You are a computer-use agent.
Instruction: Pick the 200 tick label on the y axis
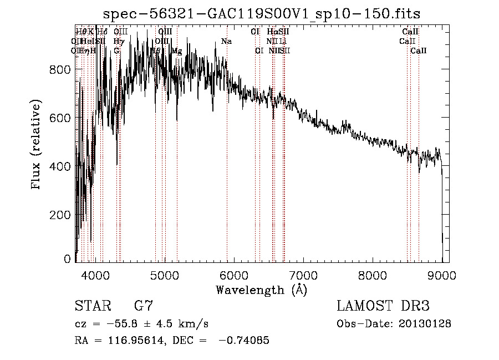click(x=63, y=215)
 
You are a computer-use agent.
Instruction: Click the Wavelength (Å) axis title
click(x=261, y=290)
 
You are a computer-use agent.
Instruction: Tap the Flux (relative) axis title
click(x=37, y=145)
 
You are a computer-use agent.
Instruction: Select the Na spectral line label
click(x=226, y=42)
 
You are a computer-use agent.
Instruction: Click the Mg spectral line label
click(x=176, y=50)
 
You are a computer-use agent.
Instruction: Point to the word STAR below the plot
click(x=92, y=307)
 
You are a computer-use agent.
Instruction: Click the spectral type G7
click(x=144, y=307)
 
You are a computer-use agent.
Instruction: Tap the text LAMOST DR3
click(x=383, y=307)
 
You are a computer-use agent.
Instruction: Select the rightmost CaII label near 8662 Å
click(x=418, y=50)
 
